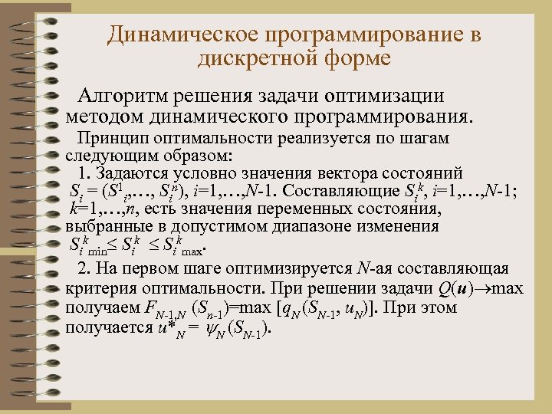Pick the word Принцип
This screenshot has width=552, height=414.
tap(110, 138)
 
